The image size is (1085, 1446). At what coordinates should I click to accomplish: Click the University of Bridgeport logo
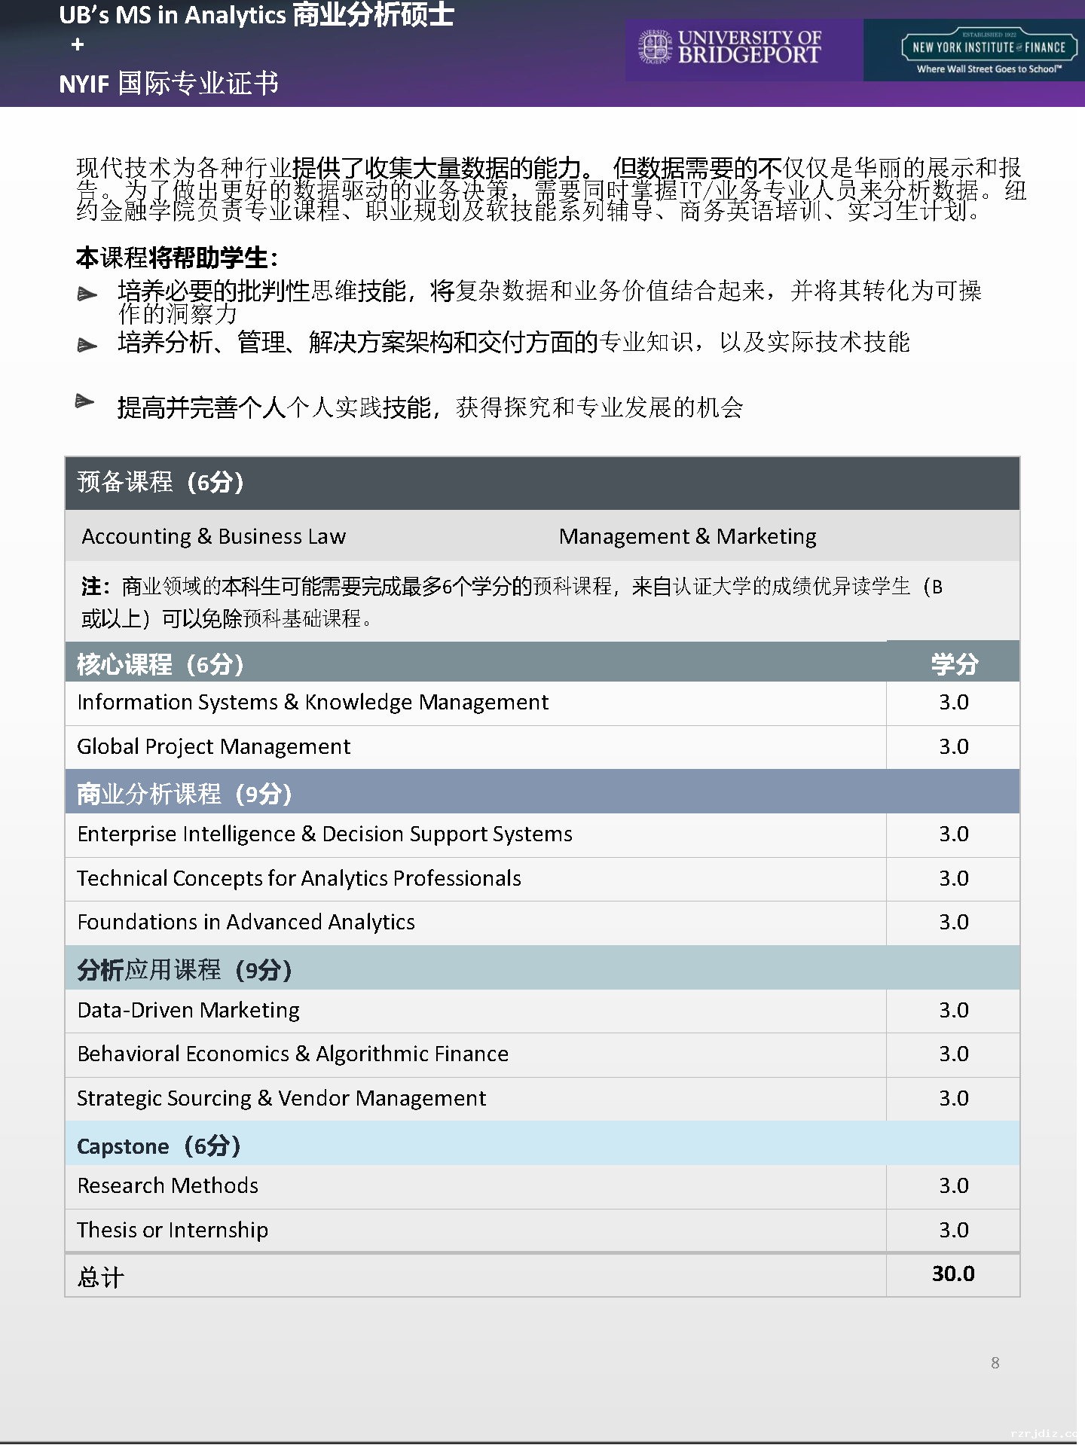(729, 47)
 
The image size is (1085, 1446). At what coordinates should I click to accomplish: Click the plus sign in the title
(77, 45)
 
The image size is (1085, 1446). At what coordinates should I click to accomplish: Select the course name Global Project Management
(213, 746)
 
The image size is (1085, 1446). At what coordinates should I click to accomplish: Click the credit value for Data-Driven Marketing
(953, 1010)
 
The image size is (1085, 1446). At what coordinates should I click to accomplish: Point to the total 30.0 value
(953, 1274)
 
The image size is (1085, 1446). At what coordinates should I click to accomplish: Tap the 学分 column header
(954, 664)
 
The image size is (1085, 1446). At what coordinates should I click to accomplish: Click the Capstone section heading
(158, 1146)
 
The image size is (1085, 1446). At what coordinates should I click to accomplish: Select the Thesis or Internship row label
(173, 1230)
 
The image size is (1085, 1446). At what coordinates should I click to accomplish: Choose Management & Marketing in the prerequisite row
(687, 536)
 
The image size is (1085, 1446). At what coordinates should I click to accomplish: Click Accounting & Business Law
(213, 536)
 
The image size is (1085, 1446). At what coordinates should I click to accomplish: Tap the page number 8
(995, 1362)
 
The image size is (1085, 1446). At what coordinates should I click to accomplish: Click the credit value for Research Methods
(953, 1185)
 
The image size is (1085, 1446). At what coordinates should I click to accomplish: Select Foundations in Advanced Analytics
(246, 922)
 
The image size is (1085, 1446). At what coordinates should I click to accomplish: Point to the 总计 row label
(100, 1277)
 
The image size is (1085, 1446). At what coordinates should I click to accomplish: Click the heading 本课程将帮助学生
(176, 258)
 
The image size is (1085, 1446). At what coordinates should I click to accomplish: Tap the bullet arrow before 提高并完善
(85, 401)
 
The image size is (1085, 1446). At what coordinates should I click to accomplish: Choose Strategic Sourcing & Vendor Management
(281, 1098)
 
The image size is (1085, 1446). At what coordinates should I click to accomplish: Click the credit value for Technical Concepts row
(953, 878)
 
